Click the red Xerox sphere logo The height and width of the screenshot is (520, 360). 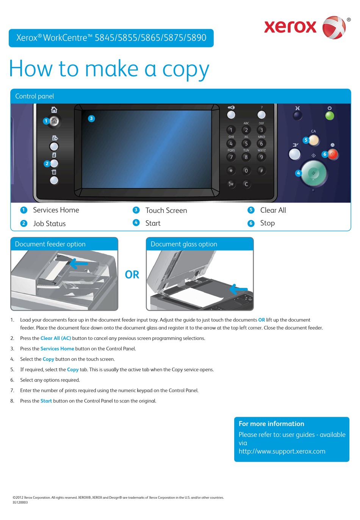pyautogui.click(x=334, y=27)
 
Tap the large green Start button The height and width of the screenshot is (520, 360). pyautogui.click(x=313, y=173)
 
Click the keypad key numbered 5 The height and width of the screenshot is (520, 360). pyautogui.click(x=246, y=144)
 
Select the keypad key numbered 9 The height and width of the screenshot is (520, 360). pyautogui.click(x=261, y=157)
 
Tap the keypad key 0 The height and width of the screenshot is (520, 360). pyautogui.click(x=246, y=171)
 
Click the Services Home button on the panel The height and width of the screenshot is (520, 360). pyautogui.click(x=54, y=121)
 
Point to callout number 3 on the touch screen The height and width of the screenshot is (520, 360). pyautogui.click(x=91, y=118)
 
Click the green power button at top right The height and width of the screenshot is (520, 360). pyautogui.click(x=330, y=115)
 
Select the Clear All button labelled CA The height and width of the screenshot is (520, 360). pyautogui.click(x=314, y=140)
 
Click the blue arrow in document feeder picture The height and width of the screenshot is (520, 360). pyautogui.click(x=79, y=263)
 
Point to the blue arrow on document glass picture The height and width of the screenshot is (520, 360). pyautogui.click(x=238, y=289)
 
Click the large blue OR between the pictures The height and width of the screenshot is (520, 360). pyautogui.click(x=132, y=275)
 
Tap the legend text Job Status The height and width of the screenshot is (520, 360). pyautogui.click(x=49, y=224)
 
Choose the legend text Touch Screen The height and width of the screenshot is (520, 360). pyautogui.click(x=166, y=211)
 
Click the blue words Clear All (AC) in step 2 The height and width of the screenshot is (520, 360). pyautogui.click(x=56, y=338)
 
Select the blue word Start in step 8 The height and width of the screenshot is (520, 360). pyautogui.click(x=46, y=401)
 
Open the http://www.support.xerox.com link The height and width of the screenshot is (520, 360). pyautogui.click(x=282, y=451)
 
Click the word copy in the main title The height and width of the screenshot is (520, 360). pyautogui.click(x=186, y=69)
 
